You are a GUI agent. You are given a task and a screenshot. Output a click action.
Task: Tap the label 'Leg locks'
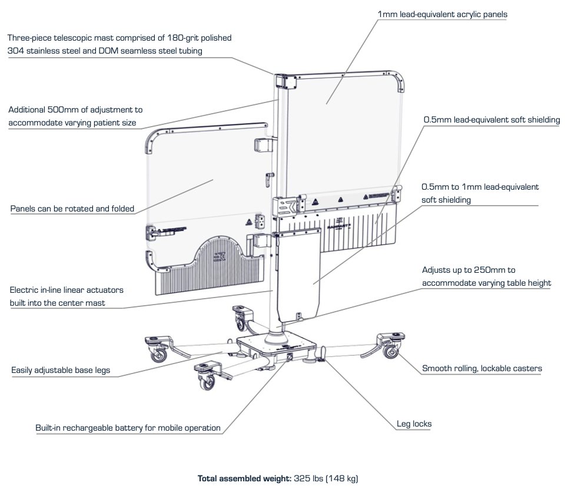414,424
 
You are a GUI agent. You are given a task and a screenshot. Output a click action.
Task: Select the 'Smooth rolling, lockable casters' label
481,369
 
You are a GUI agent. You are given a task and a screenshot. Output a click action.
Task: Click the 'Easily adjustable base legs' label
61,371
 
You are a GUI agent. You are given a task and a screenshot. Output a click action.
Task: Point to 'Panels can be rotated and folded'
72,209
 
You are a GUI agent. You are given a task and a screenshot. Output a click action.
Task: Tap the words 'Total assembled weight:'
244,478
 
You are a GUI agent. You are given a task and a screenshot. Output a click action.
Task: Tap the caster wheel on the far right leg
390,352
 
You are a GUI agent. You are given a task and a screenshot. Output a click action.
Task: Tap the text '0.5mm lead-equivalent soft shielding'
491,120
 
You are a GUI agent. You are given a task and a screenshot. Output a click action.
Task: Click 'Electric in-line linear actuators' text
67,290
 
